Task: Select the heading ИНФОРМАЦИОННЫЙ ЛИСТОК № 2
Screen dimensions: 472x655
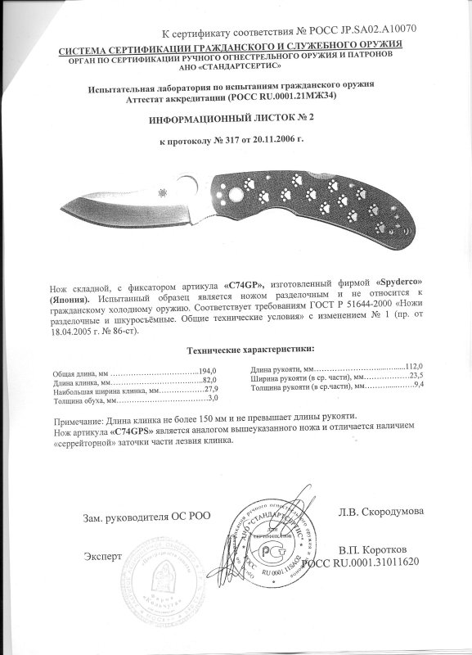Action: pyautogui.click(x=236, y=118)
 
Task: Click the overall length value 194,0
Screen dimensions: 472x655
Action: pyautogui.click(x=209, y=372)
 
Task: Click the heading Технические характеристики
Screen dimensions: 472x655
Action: pyautogui.click(x=244, y=348)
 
